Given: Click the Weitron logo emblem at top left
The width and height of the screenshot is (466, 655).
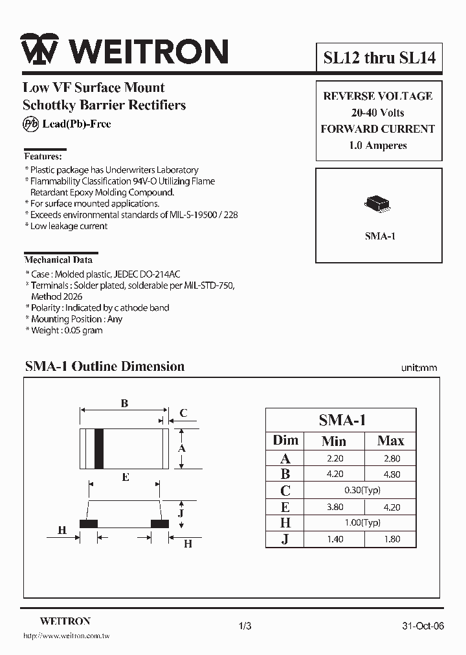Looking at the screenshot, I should click(x=39, y=49).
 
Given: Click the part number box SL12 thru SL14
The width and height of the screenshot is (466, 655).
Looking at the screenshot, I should click(x=379, y=58).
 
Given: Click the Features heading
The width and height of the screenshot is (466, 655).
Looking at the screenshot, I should click(x=43, y=157).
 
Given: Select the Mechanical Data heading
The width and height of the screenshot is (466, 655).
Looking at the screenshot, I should click(x=58, y=260).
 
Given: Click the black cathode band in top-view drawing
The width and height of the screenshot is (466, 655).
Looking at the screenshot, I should click(x=99, y=448).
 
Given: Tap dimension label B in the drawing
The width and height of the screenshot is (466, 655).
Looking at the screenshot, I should click(x=124, y=403).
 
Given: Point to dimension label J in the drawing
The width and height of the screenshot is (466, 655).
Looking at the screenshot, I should click(x=181, y=512).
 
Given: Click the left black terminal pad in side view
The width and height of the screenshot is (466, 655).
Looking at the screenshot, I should click(x=89, y=523).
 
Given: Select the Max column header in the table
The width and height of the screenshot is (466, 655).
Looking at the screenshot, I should click(x=390, y=441).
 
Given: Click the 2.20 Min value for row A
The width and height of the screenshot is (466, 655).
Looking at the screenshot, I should click(x=335, y=458).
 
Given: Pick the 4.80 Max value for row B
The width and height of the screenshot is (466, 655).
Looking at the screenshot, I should click(x=391, y=474).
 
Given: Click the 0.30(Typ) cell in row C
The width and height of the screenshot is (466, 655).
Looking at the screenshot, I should click(x=362, y=491).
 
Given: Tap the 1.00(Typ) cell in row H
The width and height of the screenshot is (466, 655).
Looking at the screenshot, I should click(x=362, y=523).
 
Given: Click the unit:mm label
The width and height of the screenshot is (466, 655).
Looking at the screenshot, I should click(x=419, y=368).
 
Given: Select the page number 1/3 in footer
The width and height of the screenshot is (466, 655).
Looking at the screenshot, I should click(x=245, y=626).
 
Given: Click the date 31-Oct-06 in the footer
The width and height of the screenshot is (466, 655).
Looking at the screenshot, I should click(x=423, y=626).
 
